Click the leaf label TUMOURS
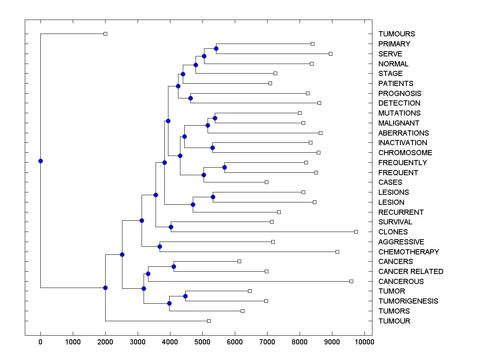[396, 34]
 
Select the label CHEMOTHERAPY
[408, 252]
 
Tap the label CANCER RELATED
[411, 271]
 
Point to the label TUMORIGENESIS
[408, 301]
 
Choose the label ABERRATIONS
[403, 133]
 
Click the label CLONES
[393, 232]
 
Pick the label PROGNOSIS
[400, 93]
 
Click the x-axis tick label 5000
[202, 342]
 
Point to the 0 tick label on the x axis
[40, 342]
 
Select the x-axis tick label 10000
[364, 342]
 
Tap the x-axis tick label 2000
[105, 342]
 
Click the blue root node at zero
[40, 161]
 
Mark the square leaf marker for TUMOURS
[105, 34]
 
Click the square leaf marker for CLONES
[356, 232]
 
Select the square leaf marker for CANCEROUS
[351, 281]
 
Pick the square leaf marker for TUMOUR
[209, 321]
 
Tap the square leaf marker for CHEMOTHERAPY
[337, 252]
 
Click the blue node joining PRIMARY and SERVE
[216, 48]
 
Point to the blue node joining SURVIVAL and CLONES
[171, 227]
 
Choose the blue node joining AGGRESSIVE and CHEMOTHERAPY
[160, 246]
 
